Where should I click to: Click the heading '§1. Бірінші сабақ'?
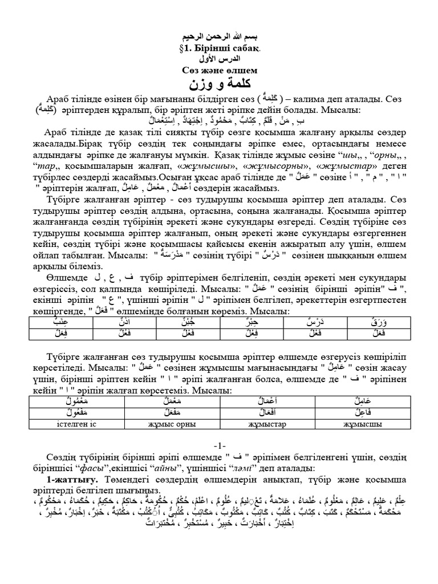[x=219, y=48]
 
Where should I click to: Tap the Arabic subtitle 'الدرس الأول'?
[x=220, y=59]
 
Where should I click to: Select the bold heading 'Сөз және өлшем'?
[x=220, y=71]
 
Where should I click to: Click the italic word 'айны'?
[x=171, y=466]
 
